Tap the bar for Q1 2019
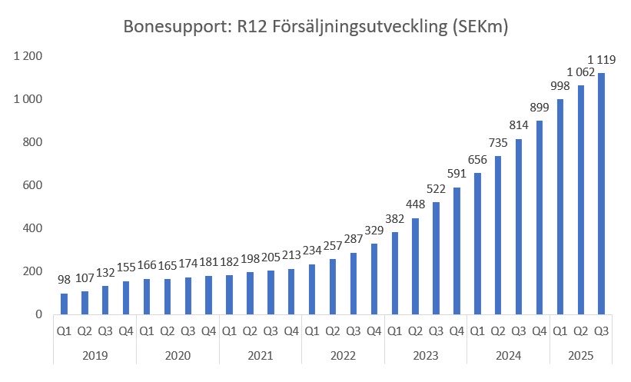coord(65,304)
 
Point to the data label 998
coord(560,87)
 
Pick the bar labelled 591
coord(457,251)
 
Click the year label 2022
coord(343,357)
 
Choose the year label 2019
coord(95,357)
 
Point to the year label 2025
coord(580,357)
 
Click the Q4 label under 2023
coord(457,331)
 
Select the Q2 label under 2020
coord(168,331)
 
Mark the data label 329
coord(374,231)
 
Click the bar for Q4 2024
coord(540,218)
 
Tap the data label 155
coord(126,268)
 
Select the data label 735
coord(498,143)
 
